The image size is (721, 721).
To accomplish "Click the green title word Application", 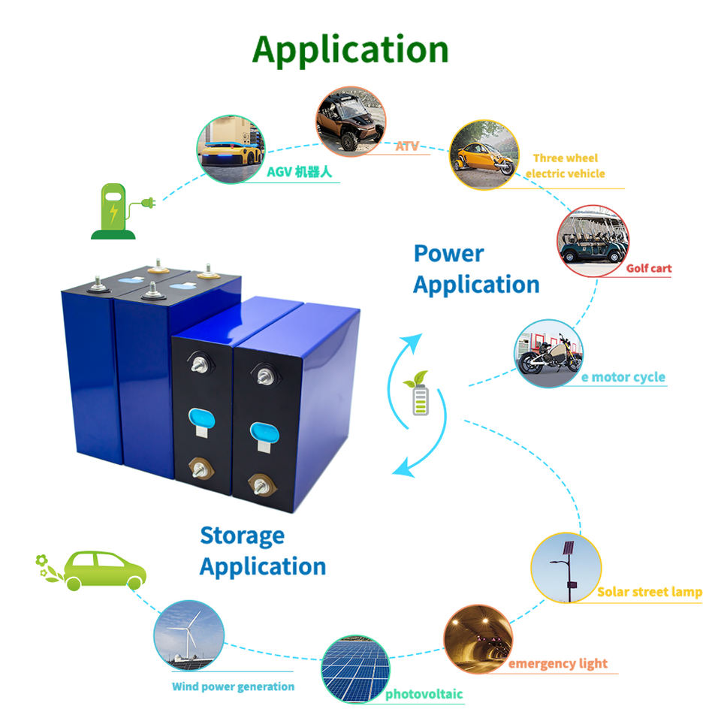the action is pyautogui.click(x=351, y=50).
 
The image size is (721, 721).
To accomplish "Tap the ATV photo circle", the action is pyautogui.click(x=351, y=122).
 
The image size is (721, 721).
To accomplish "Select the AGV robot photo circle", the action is pyautogui.click(x=231, y=149).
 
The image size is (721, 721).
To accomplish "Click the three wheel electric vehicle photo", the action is pyautogui.click(x=484, y=155).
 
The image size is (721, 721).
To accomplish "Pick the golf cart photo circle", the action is pyautogui.click(x=593, y=241).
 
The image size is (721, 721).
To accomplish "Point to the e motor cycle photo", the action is pyautogui.click(x=548, y=353).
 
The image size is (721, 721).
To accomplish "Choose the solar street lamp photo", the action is pyautogui.click(x=566, y=568).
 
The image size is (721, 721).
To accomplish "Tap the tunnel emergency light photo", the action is pyautogui.click(x=478, y=640).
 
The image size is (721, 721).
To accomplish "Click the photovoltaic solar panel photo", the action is pyautogui.click(x=355, y=669).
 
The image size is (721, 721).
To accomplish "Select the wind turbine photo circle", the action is pyautogui.click(x=189, y=635).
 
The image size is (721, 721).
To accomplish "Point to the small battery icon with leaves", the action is pyautogui.click(x=418, y=393).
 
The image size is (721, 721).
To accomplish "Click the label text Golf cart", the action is pyautogui.click(x=649, y=268).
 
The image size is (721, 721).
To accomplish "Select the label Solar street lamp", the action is pyautogui.click(x=650, y=592).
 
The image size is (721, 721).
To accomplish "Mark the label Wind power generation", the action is pyautogui.click(x=233, y=686).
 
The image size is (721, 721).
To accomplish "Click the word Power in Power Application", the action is pyautogui.click(x=449, y=254).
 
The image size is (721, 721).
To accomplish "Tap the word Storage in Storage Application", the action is pyautogui.click(x=243, y=536).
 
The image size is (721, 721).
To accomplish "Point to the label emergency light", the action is pyautogui.click(x=558, y=664).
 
